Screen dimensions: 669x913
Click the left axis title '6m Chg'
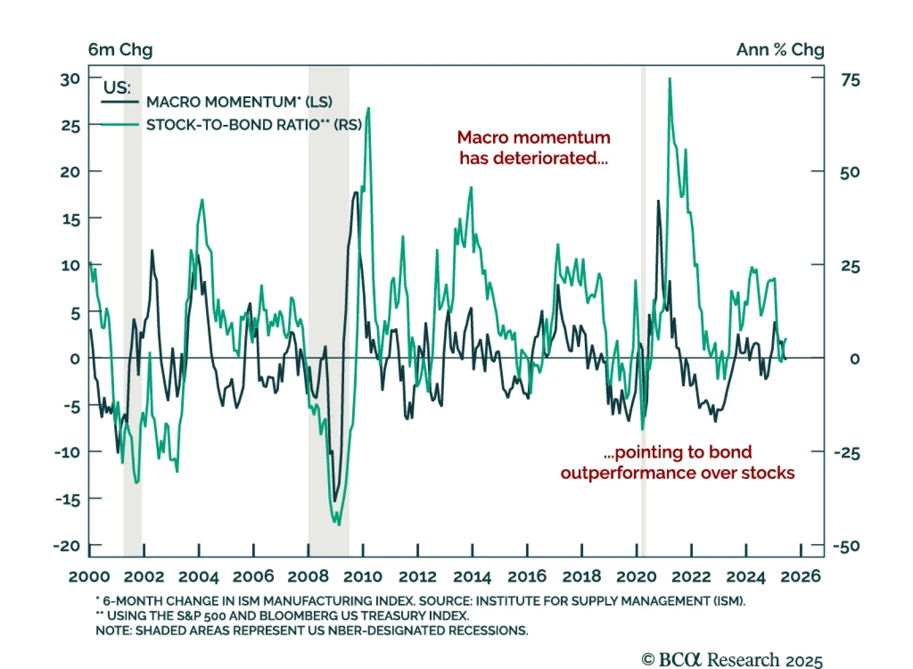[120, 50]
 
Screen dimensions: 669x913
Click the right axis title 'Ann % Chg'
[779, 50]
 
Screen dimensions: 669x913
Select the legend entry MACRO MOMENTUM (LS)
[239, 102]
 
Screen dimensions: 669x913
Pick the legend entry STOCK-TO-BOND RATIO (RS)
[254, 125]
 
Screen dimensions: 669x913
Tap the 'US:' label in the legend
[117, 87]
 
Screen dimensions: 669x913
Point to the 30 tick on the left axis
[70, 79]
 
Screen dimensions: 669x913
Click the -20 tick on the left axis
[67, 546]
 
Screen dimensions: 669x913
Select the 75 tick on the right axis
[850, 80]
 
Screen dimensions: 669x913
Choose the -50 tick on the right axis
[846, 546]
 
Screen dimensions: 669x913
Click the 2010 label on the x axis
[362, 577]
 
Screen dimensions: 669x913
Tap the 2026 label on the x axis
[800, 577]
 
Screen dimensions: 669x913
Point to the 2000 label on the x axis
[90, 577]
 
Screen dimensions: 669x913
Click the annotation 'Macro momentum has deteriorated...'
[534, 147]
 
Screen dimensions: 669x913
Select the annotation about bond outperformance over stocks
[677, 462]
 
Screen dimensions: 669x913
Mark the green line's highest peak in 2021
[669, 79]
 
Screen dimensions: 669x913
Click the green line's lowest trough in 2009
[340, 524]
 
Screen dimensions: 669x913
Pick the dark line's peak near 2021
[659, 201]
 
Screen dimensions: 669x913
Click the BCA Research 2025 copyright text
[732, 660]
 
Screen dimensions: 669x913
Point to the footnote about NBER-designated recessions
[312, 631]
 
